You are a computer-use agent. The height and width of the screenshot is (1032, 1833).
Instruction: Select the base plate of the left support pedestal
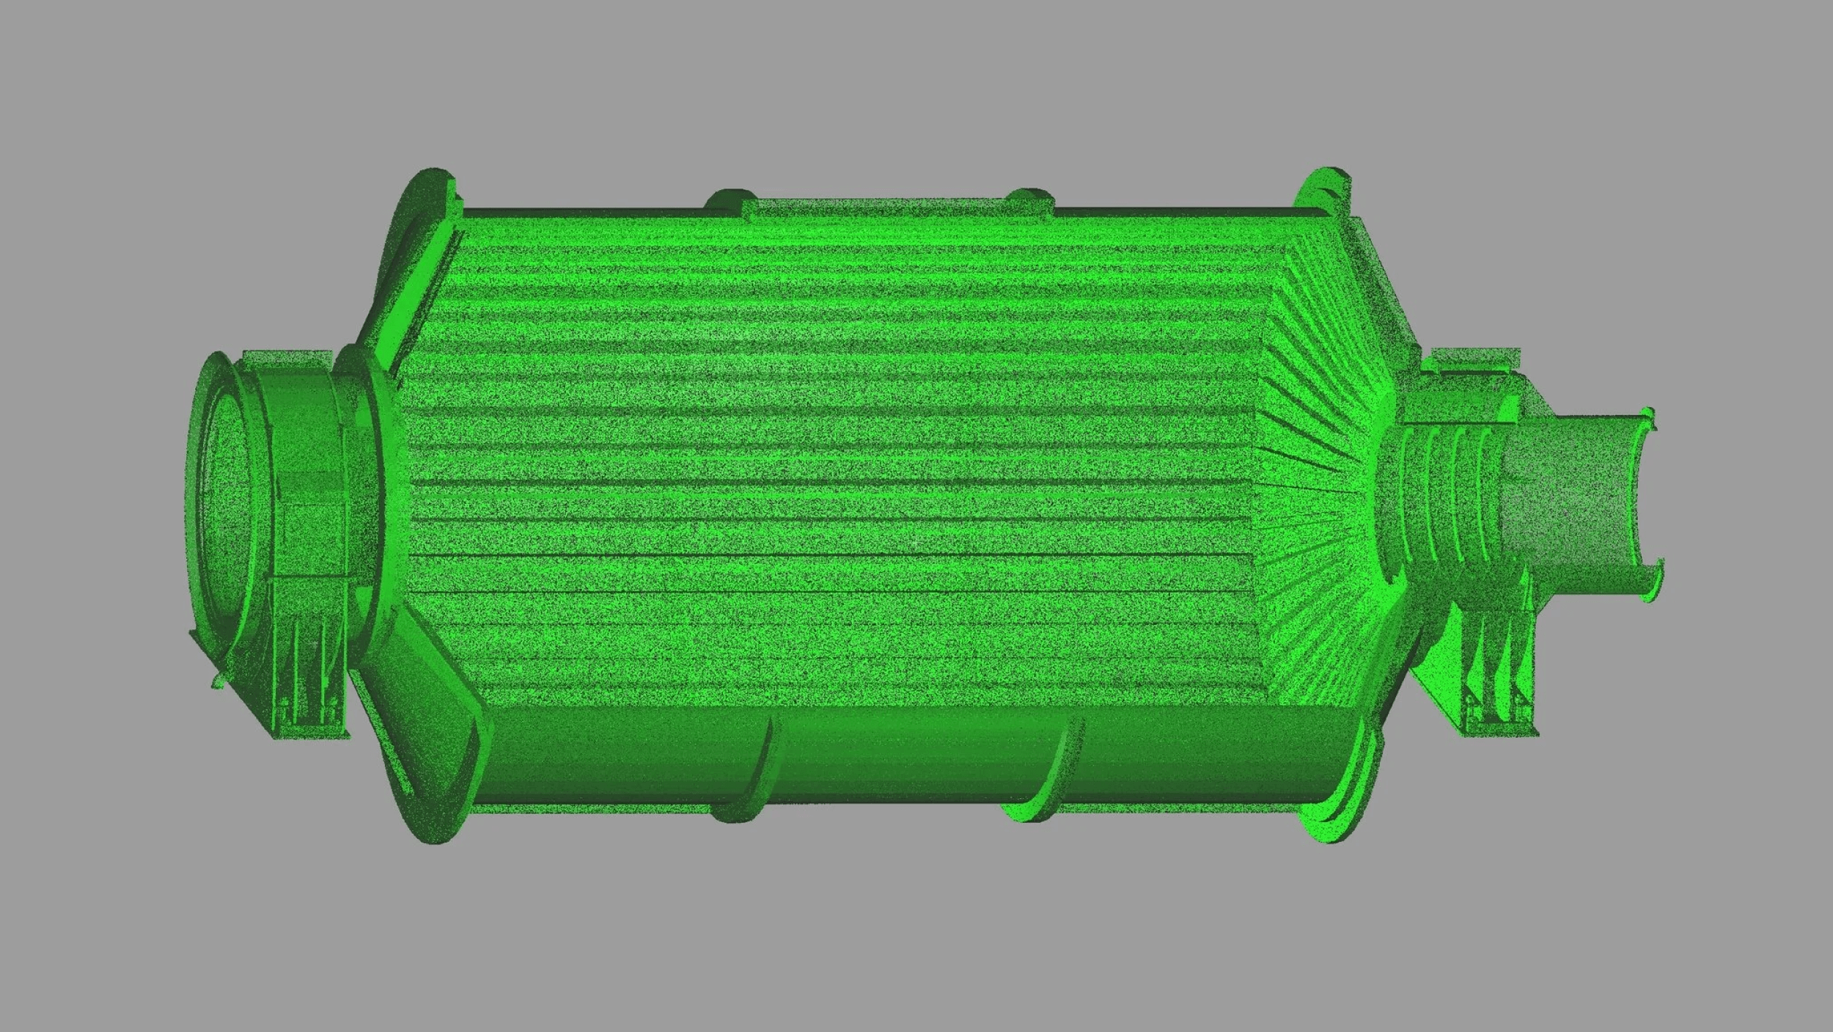(308, 733)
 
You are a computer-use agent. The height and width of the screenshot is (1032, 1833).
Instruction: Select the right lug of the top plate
(1031, 198)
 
